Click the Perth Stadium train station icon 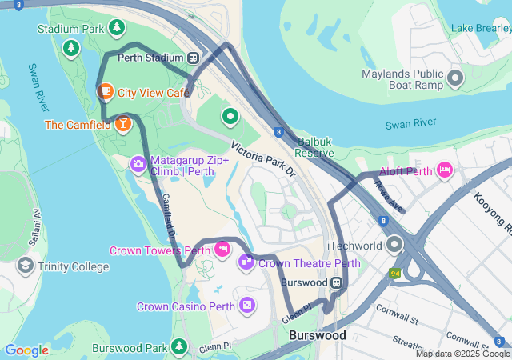point(194,58)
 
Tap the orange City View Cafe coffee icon point(104,93)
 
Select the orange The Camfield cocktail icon point(122,124)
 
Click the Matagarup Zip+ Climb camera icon point(138,165)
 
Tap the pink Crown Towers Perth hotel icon point(222,250)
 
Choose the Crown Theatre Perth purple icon point(246,262)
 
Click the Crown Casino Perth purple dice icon point(247,306)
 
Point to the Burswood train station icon point(338,282)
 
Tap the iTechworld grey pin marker point(394,244)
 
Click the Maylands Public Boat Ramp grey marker point(455,78)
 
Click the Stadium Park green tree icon point(72,48)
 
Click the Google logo point(26,350)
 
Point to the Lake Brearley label point(480,29)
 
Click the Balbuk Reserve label point(314,146)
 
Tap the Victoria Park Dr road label point(263,159)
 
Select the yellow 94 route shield point(395,273)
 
